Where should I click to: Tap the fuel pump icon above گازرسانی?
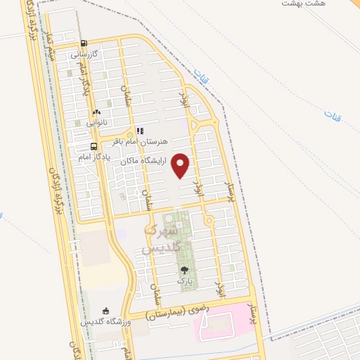tap(84, 44)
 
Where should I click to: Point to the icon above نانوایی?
tap(96, 112)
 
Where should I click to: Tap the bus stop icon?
tap(94, 147)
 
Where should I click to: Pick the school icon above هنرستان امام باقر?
tap(140, 130)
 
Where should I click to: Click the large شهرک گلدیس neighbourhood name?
tap(162, 238)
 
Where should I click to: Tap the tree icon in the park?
tap(185, 269)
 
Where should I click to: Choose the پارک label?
tap(185, 281)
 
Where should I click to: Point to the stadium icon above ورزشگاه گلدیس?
tap(105, 311)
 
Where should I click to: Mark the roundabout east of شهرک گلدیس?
tap(209, 221)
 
